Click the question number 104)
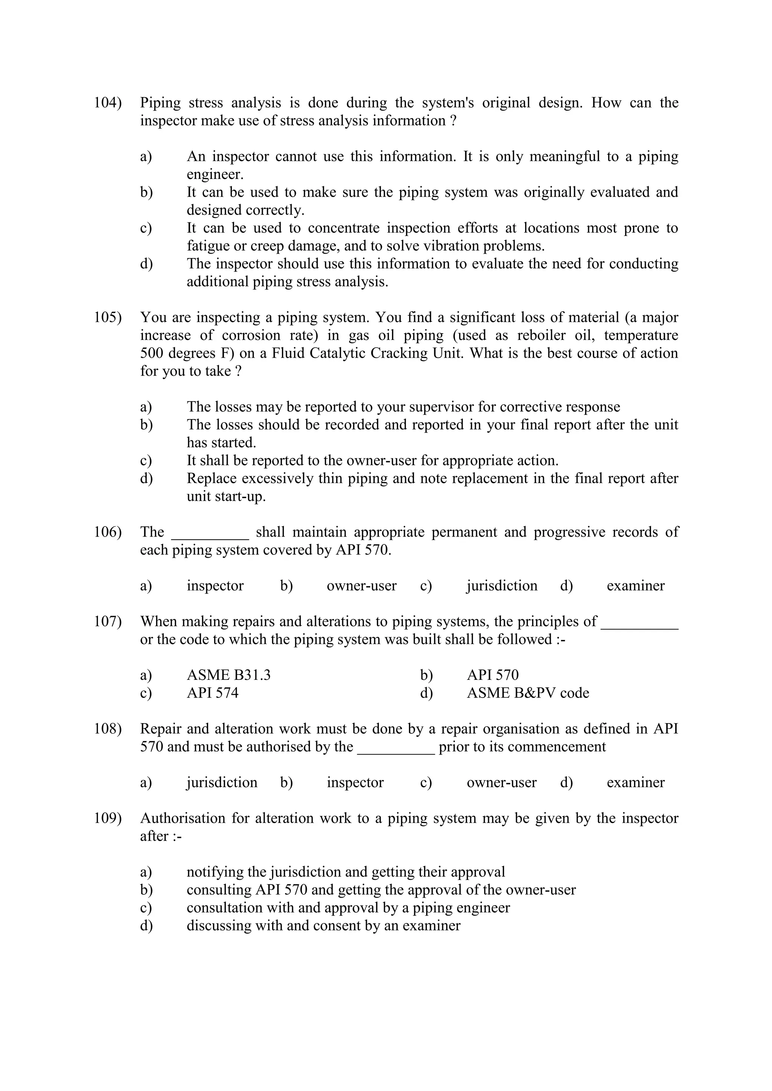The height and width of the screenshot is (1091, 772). (107, 103)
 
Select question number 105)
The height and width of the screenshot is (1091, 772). (107, 317)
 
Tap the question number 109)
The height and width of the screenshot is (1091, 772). (107, 818)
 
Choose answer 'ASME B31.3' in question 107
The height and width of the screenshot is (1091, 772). (229, 675)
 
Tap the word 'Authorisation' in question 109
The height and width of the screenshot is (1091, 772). (182, 818)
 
